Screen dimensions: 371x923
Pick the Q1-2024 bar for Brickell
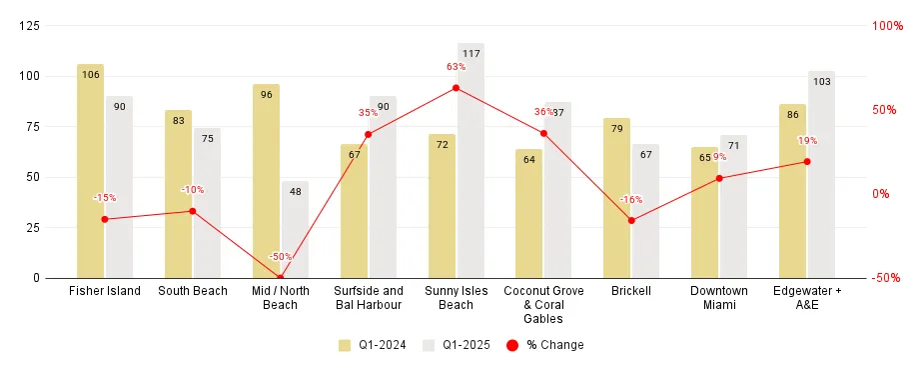[616, 200]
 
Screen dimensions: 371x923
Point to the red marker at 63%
[456, 88]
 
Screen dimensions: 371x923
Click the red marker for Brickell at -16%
[631, 220]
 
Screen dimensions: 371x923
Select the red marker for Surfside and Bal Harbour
[368, 134]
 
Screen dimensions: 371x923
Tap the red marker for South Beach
[193, 211]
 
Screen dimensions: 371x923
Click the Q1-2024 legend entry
[373, 345]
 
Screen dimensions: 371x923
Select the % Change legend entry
[544, 345]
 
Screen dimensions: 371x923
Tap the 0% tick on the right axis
[880, 194]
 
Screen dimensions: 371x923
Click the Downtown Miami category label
[718, 298]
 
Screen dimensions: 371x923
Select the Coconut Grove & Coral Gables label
[543, 304]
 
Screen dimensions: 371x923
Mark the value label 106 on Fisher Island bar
[90, 74]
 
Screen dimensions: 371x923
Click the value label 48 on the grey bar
[295, 190]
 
